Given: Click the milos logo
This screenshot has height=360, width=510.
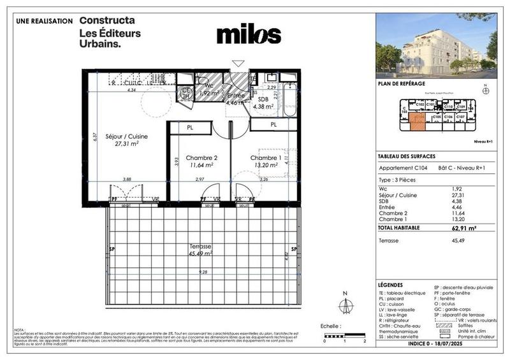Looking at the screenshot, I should click(x=249, y=34).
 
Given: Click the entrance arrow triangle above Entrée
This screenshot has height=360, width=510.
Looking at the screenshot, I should click(x=238, y=63).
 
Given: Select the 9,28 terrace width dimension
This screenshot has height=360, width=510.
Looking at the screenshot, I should click(x=203, y=273).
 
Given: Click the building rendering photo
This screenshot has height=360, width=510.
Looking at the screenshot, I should click(x=436, y=43).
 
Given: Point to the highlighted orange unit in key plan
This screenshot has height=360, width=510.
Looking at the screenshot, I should click(x=418, y=120).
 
